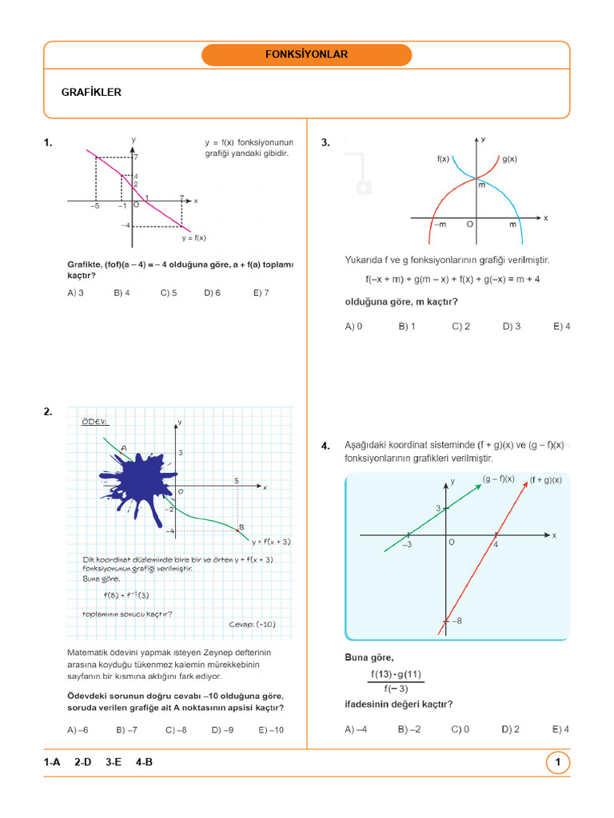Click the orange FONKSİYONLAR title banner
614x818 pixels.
[306, 55]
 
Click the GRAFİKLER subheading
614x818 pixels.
[91, 93]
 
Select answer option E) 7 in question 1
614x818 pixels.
[261, 293]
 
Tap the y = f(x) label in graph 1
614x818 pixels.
[193, 237]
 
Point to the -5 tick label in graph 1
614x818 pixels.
[95, 206]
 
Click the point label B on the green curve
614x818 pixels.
[241, 526]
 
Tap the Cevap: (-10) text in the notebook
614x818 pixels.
[252, 625]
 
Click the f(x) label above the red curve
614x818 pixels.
[443, 159]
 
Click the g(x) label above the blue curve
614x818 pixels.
[509, 159]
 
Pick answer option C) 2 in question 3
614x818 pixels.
[460, 327]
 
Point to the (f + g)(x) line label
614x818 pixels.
[546, 480]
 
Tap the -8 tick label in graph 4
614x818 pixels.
[456, 621]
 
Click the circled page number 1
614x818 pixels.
[557, 763]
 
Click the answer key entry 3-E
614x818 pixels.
[113, 763]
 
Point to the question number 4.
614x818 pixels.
[325, 447]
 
